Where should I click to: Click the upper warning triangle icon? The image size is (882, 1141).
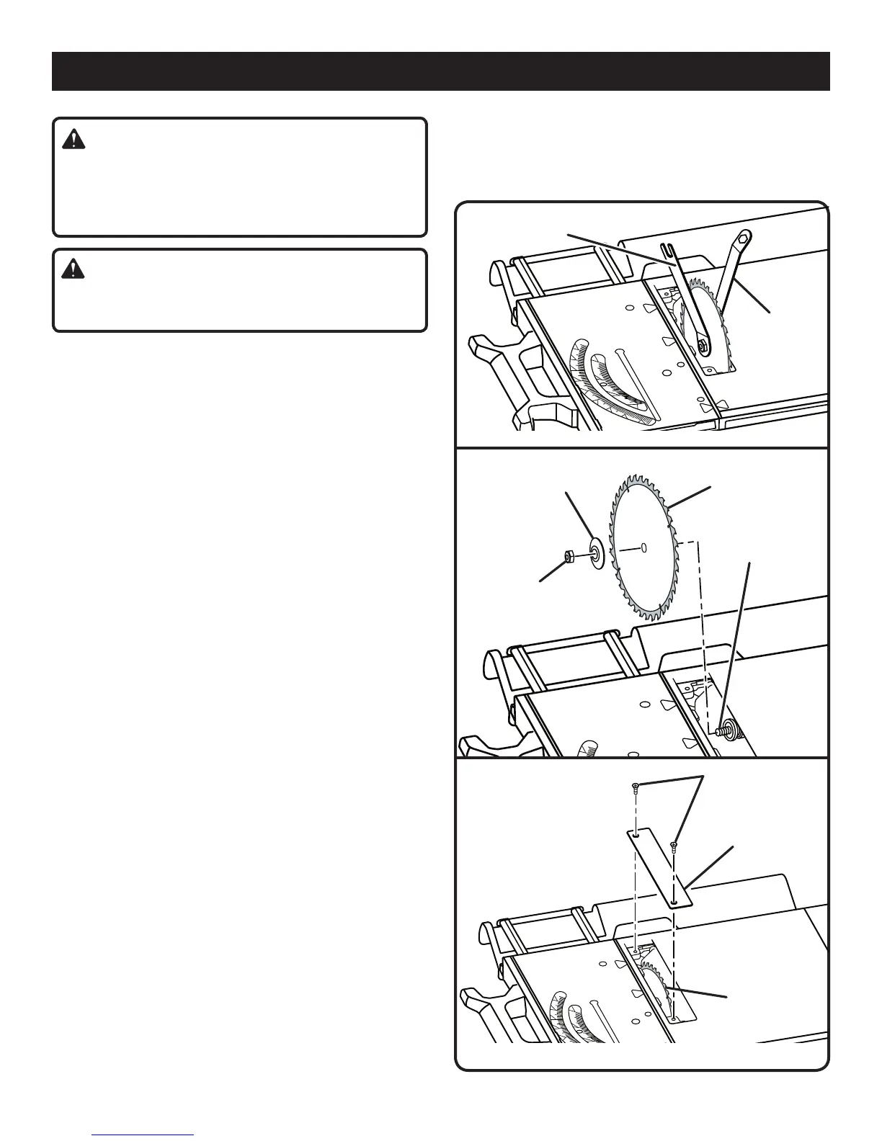[x=73, y=139]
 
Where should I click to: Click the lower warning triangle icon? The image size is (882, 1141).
[x=73, y=269]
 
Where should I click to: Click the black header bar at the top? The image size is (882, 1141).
[x=440, y=71]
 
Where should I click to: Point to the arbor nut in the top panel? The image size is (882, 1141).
[x=700, y=346]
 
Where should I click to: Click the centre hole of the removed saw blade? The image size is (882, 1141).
[x=643, y=547]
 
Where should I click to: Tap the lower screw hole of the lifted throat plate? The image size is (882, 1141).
[x=673, y=900]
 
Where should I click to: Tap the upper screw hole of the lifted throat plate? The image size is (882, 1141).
[x=637, y=836]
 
